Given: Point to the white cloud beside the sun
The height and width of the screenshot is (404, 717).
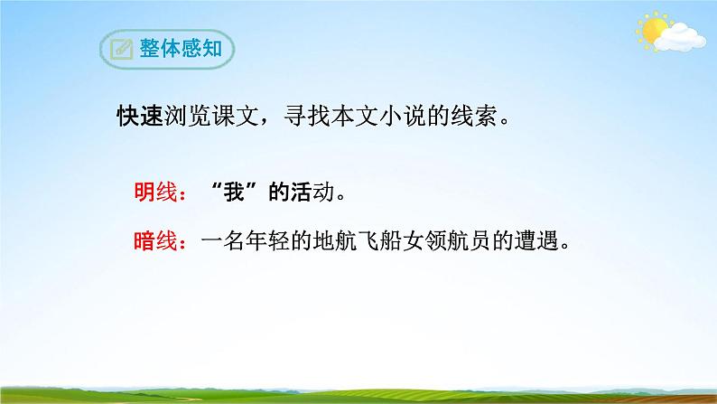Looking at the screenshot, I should coord(682,38).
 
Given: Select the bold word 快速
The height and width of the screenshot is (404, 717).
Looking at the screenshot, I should coord(138,117).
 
